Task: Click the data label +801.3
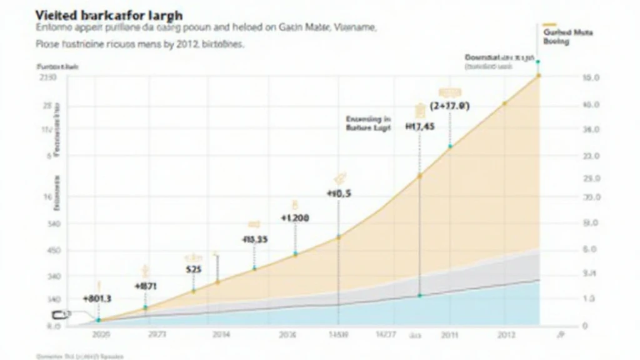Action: coord(97,299)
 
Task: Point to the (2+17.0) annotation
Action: coord(450,106)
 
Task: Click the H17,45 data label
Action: coord(420,126)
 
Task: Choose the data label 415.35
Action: coord(254,239)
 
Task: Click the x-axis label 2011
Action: coord(449,334)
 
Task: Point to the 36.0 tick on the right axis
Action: coord(591,130)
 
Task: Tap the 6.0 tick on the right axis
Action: coord(591,249)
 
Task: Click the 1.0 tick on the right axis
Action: coord(591,299)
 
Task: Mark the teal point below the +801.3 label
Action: coord(98,320)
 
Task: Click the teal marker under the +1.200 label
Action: coord(295,254)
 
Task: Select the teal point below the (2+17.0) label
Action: coord(450,146)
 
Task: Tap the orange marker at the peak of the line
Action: coord(538,76)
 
